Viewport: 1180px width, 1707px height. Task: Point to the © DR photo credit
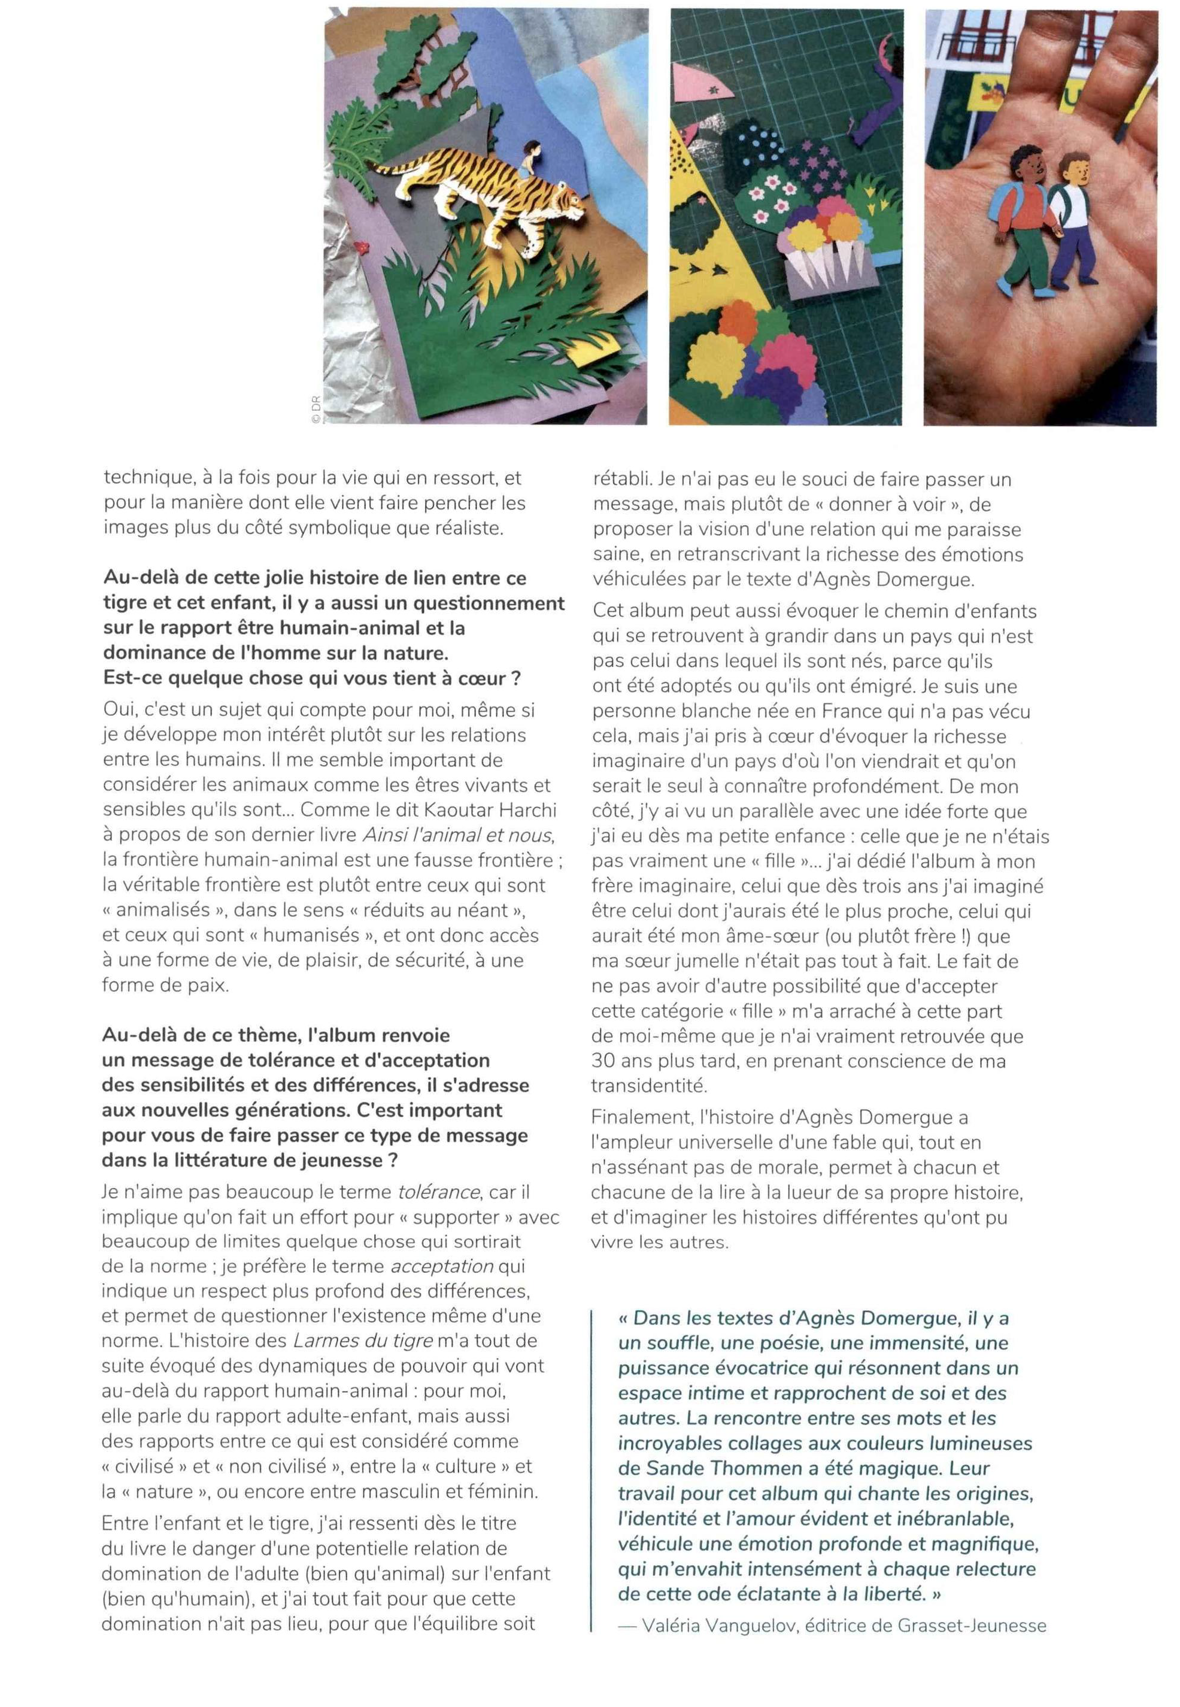pyautogui.click(x=315, y=409)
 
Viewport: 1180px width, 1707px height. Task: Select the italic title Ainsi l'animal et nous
pyautogui.click(x=457, y=835)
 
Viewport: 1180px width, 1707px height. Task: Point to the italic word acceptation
pyautogui.click(x=442, y=1266)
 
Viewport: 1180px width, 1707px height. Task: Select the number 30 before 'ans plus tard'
pyautogui.click(x=603, y=1061)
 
